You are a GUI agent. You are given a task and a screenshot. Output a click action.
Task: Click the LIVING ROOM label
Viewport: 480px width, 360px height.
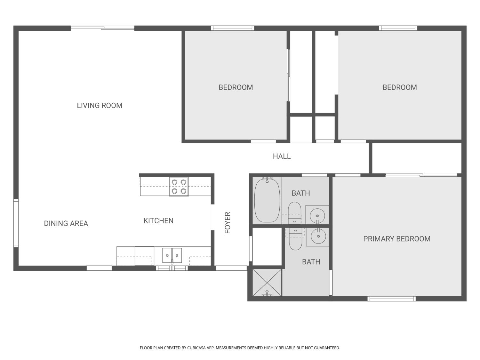point(100,105)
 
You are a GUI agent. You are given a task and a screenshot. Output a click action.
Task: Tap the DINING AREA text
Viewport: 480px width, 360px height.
point(66,223)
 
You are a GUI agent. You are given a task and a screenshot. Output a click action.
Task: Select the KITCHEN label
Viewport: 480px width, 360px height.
point(158,220)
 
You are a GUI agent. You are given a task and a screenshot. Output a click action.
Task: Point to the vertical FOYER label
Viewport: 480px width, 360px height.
point(228,223)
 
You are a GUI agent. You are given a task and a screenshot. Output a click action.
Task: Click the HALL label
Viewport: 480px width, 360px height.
point(282,156)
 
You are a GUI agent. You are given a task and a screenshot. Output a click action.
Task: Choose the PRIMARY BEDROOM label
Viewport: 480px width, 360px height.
point(397,239)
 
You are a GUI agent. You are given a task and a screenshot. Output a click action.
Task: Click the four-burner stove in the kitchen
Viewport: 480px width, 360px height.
point(179,187)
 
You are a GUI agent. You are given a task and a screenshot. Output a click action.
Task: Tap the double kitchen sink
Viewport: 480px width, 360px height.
point(172,255)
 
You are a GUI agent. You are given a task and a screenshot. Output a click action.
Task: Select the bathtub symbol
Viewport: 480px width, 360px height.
point(267,200)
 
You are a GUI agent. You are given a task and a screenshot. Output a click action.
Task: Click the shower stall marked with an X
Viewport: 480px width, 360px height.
point(267,283)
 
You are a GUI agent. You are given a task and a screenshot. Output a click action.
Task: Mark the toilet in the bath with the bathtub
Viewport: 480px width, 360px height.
point(294,213)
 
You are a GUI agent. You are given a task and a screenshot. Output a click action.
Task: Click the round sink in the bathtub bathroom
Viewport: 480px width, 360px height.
point(317,215)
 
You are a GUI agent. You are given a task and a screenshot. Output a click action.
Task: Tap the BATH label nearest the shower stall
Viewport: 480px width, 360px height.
point(311,262)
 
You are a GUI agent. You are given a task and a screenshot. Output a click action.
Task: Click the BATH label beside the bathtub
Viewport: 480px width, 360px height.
point(301,193)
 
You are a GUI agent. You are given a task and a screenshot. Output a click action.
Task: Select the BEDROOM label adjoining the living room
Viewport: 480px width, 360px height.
point(236,87)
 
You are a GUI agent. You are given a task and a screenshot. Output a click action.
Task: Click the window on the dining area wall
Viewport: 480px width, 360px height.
point(16,223)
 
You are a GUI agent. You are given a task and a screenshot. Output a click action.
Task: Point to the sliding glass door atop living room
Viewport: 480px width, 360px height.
point(102,28)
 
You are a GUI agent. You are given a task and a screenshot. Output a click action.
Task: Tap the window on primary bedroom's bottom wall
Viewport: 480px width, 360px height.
point(391,299)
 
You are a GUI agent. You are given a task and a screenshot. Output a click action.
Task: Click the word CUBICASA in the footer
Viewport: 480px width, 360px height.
point(196,348)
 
